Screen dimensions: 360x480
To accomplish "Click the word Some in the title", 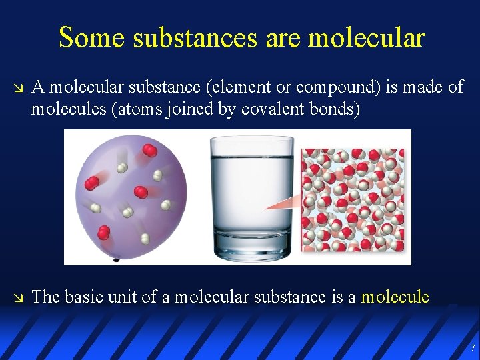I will [91, 37].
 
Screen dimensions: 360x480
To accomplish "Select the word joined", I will [175, 109].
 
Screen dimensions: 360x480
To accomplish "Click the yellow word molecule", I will [395, 297].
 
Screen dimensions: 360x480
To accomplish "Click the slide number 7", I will [472, 348].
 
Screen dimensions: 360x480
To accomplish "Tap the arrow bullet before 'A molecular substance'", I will [18, 88].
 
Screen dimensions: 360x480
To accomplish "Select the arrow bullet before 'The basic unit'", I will [18, 297].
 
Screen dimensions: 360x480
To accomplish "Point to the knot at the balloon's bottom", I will [117, 257].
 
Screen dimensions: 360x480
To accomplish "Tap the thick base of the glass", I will [251, 247].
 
